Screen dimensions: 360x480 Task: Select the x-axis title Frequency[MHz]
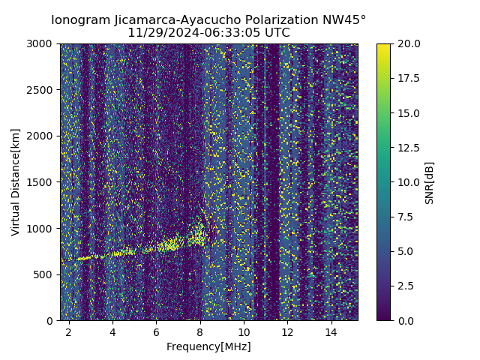208,346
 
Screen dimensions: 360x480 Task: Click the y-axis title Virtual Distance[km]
16,182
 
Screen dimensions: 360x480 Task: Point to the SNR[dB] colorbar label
430,182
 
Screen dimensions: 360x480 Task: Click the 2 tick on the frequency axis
69,331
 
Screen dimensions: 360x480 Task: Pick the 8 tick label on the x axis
200,331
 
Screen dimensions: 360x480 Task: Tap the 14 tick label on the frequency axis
331,331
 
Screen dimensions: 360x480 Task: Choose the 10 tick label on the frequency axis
244,331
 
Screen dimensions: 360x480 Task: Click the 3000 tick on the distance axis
40,44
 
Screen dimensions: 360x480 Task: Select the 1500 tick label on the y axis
40,182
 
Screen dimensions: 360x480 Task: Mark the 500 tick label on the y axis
43,274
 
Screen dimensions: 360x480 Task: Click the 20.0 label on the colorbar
409,44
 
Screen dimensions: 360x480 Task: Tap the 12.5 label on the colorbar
409,148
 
